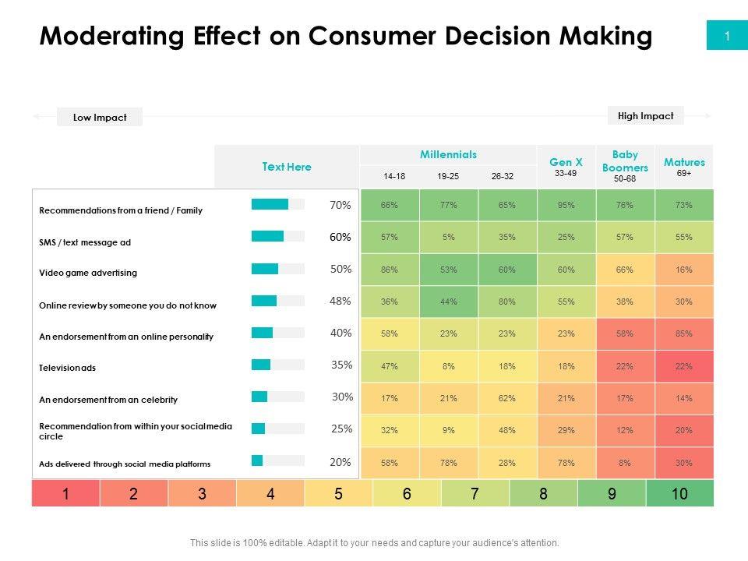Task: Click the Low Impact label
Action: click(x=100, y=118)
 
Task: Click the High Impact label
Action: click(x=645, y=116)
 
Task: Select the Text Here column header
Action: click(x=287, y=167)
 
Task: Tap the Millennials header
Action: click(x=448, y=155)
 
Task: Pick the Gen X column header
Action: click(x=566, y=162)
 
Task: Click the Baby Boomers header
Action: click(x=625, y=161)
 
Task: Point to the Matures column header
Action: click(x=684, y=162)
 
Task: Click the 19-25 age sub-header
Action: click(x=448, y=177)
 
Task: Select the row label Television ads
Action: click(x=67, y=368)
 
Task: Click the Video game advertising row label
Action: click(x=88, y=273)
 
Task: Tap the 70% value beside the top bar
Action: click(x=340, y=205)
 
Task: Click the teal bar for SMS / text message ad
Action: click(x=267, y=236)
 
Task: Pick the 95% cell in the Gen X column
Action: click(x=566, y=206)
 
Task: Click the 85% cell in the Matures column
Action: click(x=684, y=333)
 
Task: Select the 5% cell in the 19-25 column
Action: click(x=448, y=237)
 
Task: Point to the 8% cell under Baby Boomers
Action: click(x=625, y=463)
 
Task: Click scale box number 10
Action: click(x=679, y=493)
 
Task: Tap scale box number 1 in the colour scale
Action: click(x=66, y=493)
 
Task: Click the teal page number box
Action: click(x=726, y=36)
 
